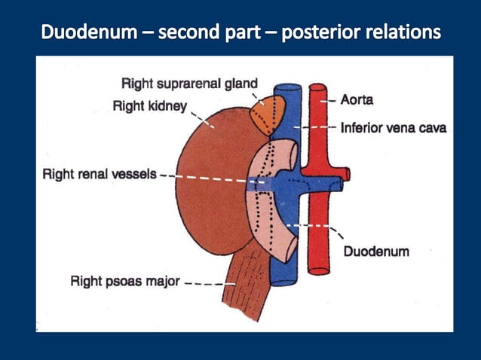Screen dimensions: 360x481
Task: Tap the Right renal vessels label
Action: (99, 174)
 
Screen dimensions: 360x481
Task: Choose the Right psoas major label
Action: (125, 282)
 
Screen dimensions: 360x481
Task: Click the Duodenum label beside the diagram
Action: (376, 251)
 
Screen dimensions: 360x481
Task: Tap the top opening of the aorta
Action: (317, 88)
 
